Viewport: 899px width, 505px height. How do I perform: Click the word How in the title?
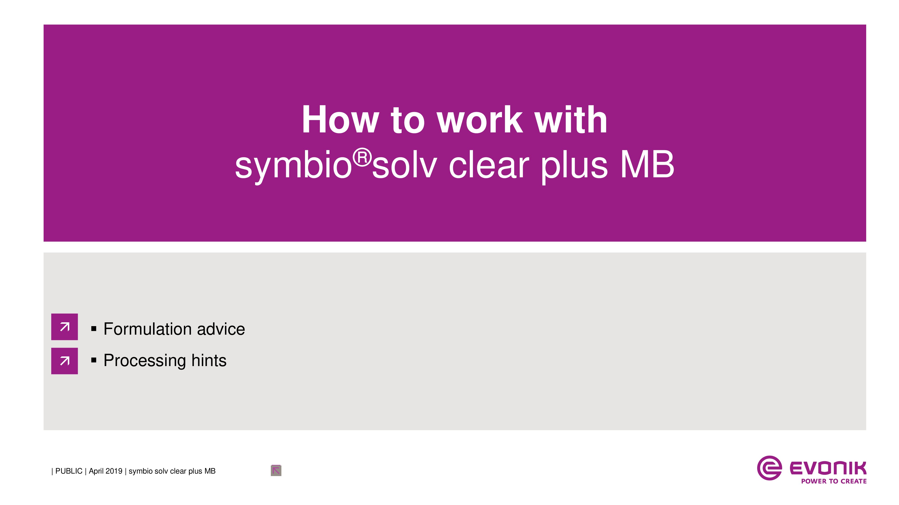tap(340, 120)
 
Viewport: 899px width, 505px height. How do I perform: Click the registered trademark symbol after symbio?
tap(362, 158)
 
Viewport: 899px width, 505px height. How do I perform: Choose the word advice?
tap(221, 329)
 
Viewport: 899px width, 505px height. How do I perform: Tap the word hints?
tap(209, 360)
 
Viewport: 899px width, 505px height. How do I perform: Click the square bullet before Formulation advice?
tap(93, 329)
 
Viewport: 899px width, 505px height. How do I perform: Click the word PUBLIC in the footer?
tap(69, 471)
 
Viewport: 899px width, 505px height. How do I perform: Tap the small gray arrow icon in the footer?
tap(276, 470)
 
